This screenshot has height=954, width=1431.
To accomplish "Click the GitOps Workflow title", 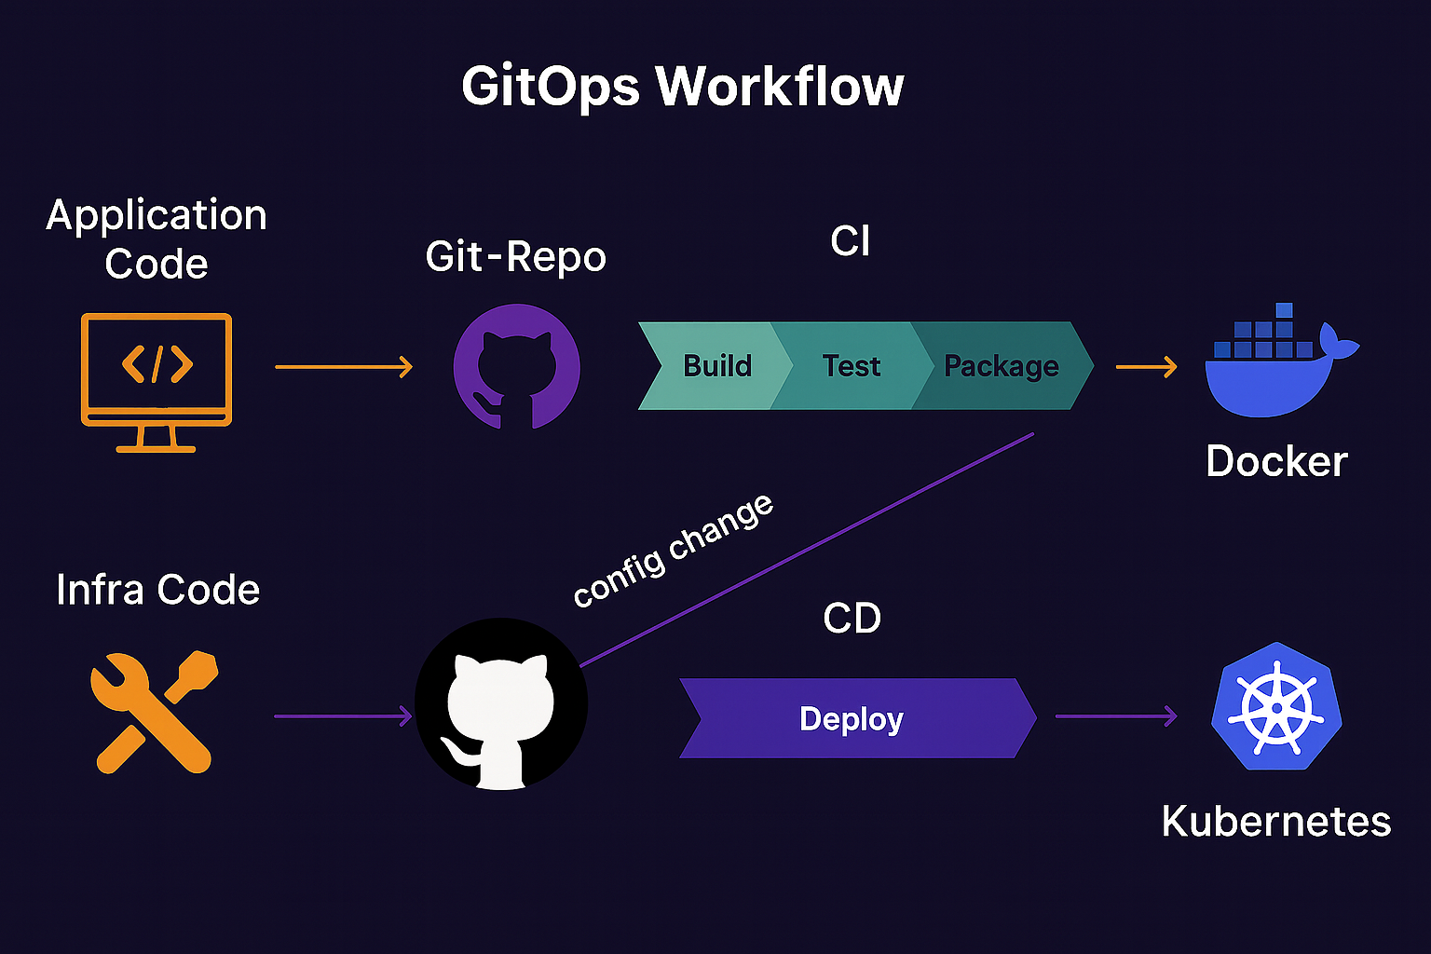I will tap(682, 87).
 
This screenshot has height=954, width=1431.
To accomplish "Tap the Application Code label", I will tap(157, 239).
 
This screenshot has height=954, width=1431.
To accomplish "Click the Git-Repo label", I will tap(515, 257).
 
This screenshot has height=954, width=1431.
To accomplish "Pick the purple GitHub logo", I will tap(516, 367).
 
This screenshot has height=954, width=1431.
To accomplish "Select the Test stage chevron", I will tap(851, 366).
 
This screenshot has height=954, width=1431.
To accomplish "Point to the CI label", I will tap(850, 242).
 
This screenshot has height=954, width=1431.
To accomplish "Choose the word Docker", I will tap(1276, 461).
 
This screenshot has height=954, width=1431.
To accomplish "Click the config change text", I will tap(673, 551).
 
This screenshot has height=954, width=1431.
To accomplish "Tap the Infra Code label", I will tap(157, 590).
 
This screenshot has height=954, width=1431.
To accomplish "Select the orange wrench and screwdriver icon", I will tap(155, 712).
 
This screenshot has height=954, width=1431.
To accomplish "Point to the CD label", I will tap(852, 619).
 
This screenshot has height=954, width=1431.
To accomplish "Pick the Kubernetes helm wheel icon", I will tap(1276, 706).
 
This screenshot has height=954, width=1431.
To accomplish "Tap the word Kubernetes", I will tap(1275, 822).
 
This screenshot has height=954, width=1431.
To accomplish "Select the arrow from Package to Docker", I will tap(1147, 367).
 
